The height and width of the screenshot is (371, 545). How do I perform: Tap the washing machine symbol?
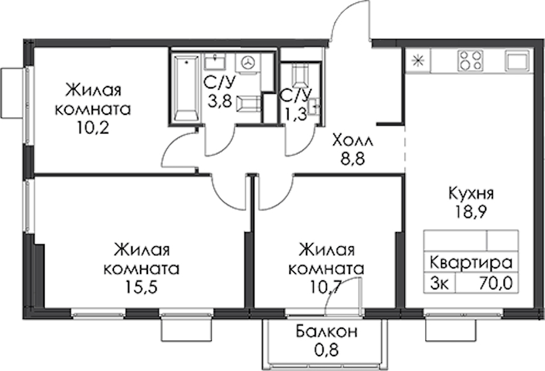pyautogui.click(x=248, y=64)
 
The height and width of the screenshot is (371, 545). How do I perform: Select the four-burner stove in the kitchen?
pyautogui.click(x=471, y=61)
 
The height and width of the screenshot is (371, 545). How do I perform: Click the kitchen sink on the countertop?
pyautogui.click(x=517, y=61)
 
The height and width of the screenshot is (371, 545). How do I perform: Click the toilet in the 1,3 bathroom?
pyautogui.click(x=300, y=75)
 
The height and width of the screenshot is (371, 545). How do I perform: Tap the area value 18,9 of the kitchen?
pyautogui.click(x=471, y=211)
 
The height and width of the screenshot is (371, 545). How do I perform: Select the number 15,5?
pyautogui.click(x=142, y=288)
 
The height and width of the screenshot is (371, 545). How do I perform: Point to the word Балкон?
pyautogui.click(x=326, y=331)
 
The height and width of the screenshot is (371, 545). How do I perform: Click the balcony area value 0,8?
pyautogui.click(x=326, y=350)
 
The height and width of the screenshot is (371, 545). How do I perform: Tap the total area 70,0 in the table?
pyautogui.click(x=495, y=284)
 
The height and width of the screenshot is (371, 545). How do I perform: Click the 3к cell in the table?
pyautogui.click(x=439, y=284)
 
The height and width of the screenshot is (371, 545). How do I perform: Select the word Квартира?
pyautogui.click(x=471, y=263)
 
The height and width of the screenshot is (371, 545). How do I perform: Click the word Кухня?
pyautogui.click(x=471, y=194)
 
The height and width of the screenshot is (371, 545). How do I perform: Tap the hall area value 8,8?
pyautogui.click(x=353, y=160)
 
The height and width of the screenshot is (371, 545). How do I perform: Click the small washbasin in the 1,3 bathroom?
pyautogui.click(x=315, y=106)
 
